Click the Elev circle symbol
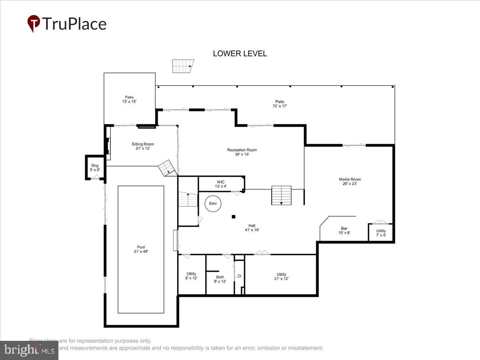(213, 204)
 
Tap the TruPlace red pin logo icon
(34, 24)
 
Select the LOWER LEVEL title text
(240, 54)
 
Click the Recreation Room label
(242, 152)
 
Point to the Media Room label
(350, 182)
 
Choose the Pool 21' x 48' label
(140, 249)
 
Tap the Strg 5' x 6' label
(95, 168)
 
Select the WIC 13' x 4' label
(221, 184)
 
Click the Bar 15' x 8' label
(344, 230)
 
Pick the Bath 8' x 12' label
(220, 279)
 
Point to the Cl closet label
(239, 276)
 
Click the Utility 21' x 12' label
(281, 276)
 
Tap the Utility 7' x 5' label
(381, 233)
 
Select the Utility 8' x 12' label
(191, 276)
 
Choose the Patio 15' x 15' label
(129, 99)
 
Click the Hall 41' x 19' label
(252, 228)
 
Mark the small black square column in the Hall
(234, 217)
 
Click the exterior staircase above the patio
(182, 66)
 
